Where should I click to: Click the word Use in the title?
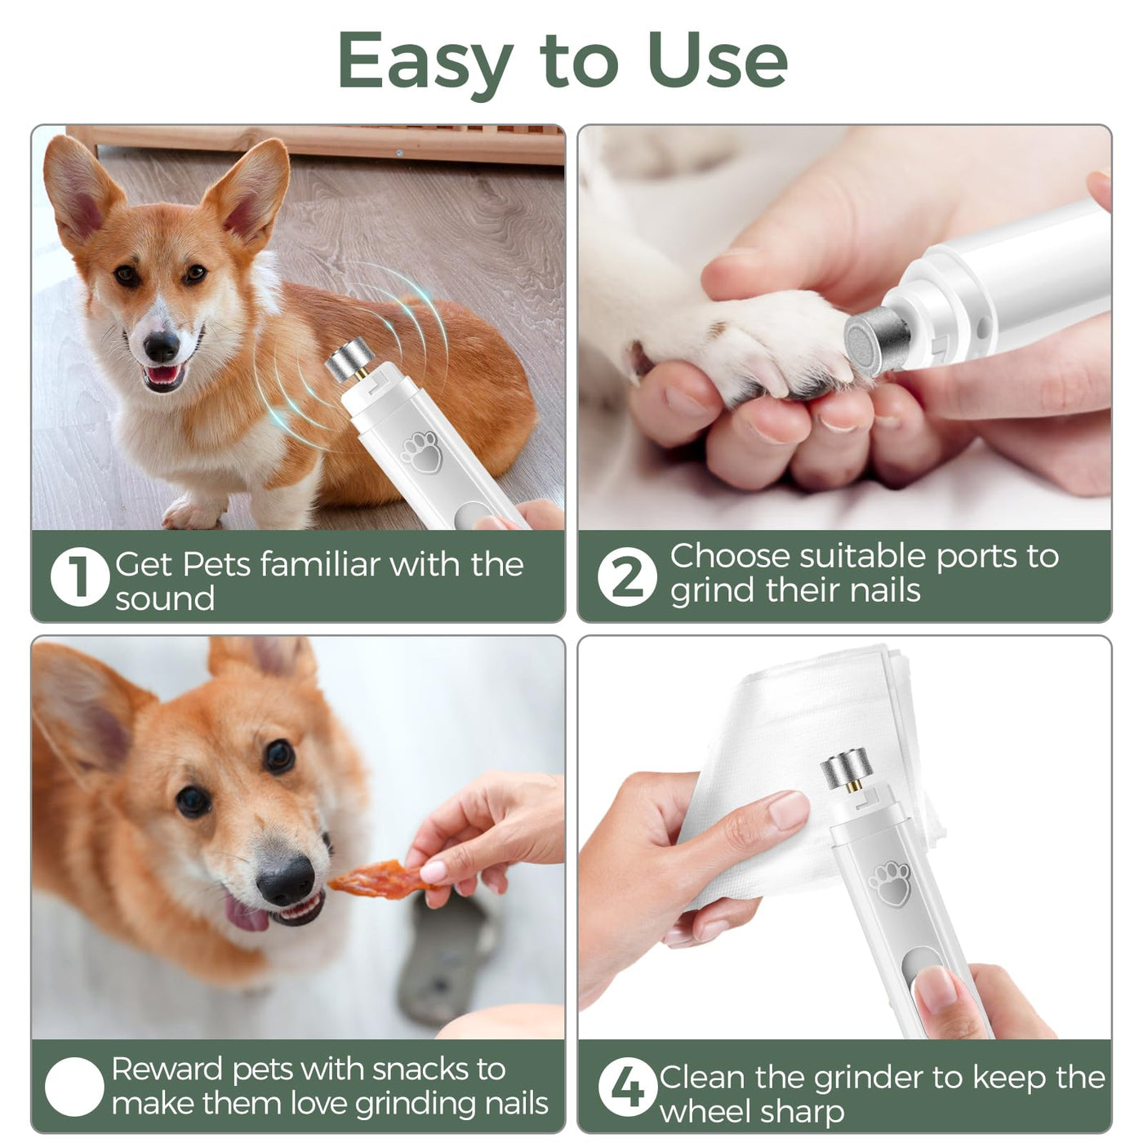pyautogui.click(x=718, y=60)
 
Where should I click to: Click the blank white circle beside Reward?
pyautogui.click(x=75, y=1087)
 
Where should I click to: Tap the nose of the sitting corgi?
pyautogui.click(x=162, y=346)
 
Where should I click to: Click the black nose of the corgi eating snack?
pyautogui.click(x=286, y=881)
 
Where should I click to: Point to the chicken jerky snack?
pyautogui.click(x=380, y=880)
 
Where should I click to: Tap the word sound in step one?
pyautogui.click(x=164, y=598)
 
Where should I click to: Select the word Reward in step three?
pyautogui.click(x=167, y=1069)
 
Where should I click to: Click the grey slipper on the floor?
pyautogui.click(x=449, y=960)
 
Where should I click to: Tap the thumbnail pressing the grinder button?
pyautogui.click(x=936, y=989)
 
